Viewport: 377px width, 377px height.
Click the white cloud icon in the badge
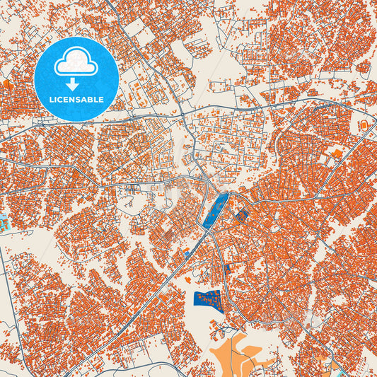pyautogui.click(x=76, y=62)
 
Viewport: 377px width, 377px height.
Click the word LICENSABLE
pyautogui.click(x=76, y=100)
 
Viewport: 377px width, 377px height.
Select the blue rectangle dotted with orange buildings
pyautogui.click(x=208, y=301)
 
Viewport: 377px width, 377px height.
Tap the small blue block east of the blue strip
pyautogui.click(x=242, y=214)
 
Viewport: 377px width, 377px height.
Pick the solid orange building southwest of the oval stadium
pyautogui.click(x=337, y=152)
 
